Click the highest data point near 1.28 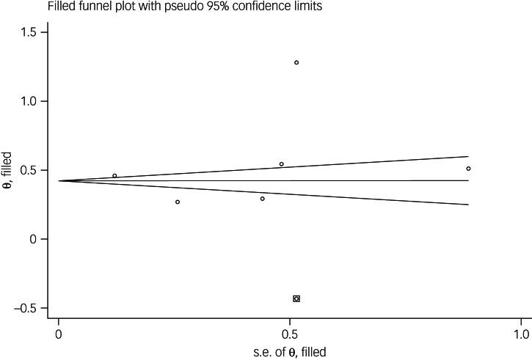point(296,62)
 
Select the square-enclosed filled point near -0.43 point(296,298)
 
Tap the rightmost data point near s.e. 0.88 point(468,169)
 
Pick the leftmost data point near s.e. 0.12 point(114,176)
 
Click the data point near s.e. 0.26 point(178,202)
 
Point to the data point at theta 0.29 point(262,199)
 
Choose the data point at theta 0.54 point(281,164)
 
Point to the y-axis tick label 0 point(37,239)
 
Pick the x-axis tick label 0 point(59,335)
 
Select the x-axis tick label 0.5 point(290,335)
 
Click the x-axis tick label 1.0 point(520,335)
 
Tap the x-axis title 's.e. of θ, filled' point(289,352)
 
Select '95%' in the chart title point(202,7)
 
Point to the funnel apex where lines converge point(59,180)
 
